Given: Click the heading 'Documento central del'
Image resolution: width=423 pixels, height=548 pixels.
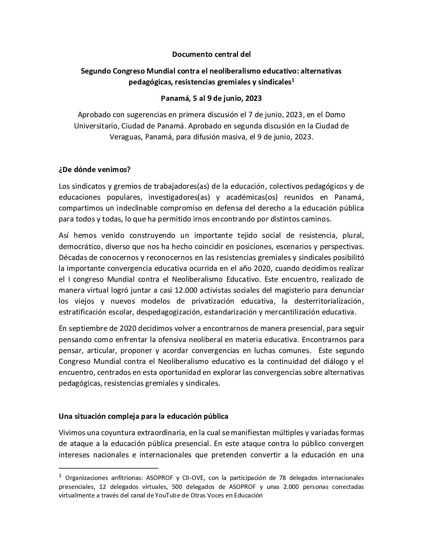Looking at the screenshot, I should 211,54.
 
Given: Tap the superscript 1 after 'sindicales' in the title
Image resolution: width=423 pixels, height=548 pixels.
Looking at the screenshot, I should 293,80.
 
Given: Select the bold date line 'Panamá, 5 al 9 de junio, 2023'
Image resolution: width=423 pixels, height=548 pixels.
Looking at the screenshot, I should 211,98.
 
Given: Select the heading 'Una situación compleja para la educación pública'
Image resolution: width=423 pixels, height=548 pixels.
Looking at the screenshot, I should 143,416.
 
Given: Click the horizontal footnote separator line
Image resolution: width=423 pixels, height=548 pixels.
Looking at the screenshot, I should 108,468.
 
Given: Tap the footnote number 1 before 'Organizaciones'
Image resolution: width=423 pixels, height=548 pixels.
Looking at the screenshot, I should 60,476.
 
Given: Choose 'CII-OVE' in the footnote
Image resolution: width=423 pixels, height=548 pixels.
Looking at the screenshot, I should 195,478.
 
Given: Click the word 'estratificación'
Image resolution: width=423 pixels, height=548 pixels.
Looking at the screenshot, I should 82,312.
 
